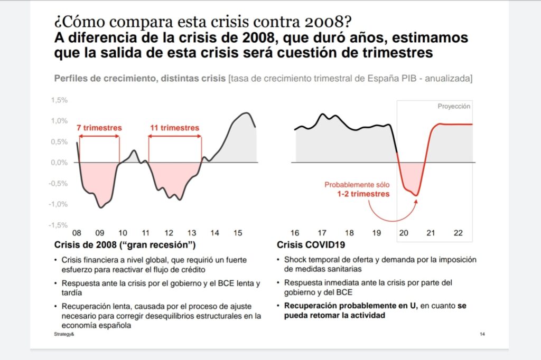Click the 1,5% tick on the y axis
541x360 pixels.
click(x=59, y=100)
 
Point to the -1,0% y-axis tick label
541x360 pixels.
click(x=58, y=204)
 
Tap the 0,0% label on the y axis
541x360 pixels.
click(x=59, y=163)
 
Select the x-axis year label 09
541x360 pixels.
click(x=100, y=233)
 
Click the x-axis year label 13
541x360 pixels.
click(x=192, y=233)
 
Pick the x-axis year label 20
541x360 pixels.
click(x=404, y=233)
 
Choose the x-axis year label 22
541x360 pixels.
click(x=458, y=233)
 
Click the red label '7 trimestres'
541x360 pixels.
click(x=99, y=128)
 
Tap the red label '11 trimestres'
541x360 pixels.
click(x=174, y=128)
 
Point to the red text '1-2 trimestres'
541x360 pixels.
click(x=363, y=194)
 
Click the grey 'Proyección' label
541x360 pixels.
click(x=454, y=106)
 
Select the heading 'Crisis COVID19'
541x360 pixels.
click(x=311, y=244)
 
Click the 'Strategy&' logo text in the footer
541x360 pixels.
click(x=64, y=334)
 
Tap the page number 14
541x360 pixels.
click(x=482, y=334)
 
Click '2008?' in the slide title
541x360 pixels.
click(x=328, y=22)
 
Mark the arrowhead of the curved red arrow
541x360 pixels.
click(x=416, y=202)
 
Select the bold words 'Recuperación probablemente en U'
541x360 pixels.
click(x=351, y=306)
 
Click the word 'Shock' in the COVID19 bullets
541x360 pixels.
click(x=294, y=260)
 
